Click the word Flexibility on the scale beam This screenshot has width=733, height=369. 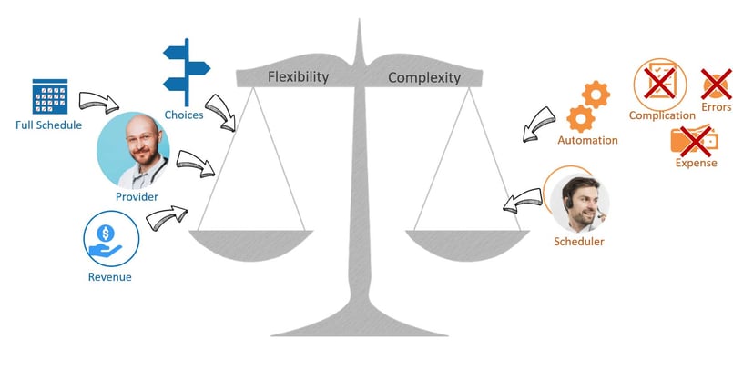click(x=299, y=77)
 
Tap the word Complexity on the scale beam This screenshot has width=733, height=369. click(x=424, y=77)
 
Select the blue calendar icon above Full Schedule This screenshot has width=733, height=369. click(x=50, y=96)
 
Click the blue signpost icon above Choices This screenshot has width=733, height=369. click(x=187, y=73)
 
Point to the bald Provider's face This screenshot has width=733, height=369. click(x=143, y=139)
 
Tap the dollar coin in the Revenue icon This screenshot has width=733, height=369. click(x=106, y=233)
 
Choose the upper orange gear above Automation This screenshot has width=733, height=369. click(x=596, y=95)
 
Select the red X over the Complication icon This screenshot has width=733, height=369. click(x=659, y=83)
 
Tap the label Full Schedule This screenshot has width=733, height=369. click(x=48, y=125)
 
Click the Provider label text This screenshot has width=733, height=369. click(x=137, y=197)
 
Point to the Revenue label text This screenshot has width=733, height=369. click(x=110, y=277)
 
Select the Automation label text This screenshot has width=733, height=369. click(x=587, y=140)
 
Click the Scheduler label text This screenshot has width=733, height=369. click(x=579, y=242)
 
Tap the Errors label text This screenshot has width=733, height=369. click(x=717, y=107)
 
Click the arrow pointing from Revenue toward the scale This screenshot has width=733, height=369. click(x=167, y=218)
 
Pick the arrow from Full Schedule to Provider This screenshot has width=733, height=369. click(x=98, y=102)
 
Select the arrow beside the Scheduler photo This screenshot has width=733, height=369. click(x=522, y=201)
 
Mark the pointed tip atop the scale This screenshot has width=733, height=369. click(x=359, y=20)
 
